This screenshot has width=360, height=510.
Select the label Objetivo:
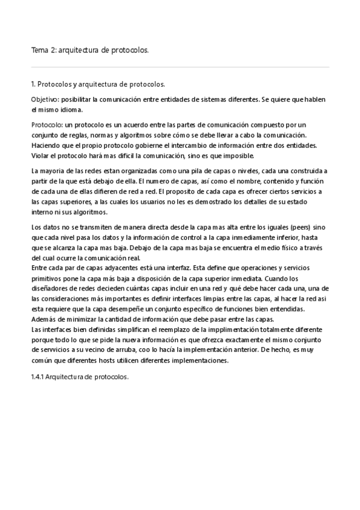[44, 99]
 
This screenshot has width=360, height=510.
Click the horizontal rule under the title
[180, 67]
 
